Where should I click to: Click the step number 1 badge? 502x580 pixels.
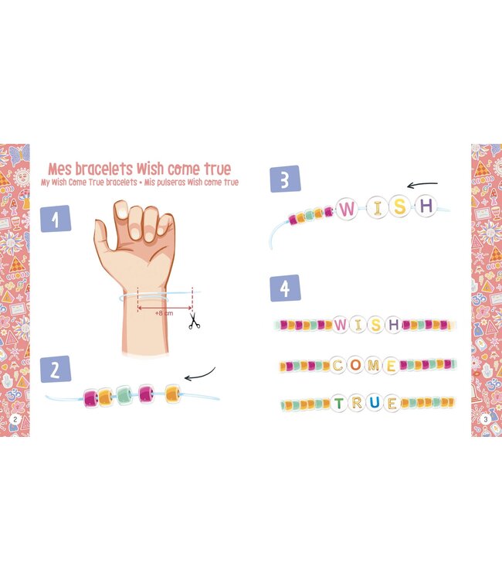tap(56, 219)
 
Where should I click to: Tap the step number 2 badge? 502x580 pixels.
tap(56, 370)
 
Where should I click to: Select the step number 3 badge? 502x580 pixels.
tap(285, 179)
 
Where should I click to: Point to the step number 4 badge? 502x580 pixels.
tap(285, 288)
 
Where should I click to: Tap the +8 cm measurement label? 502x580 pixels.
tap(164, 313)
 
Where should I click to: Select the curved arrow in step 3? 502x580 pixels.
tap(422, 185)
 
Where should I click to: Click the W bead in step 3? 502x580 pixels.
tap(348, 208)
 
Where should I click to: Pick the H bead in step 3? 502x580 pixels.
tap(425, 206)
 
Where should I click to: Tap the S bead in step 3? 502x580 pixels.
tap(399, 206)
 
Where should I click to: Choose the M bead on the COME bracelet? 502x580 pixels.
tap(373, 365)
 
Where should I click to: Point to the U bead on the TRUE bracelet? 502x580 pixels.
tap(374, 403)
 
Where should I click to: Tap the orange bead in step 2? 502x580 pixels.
tap(173, 394)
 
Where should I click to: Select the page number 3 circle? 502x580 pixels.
tap(485, 419)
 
